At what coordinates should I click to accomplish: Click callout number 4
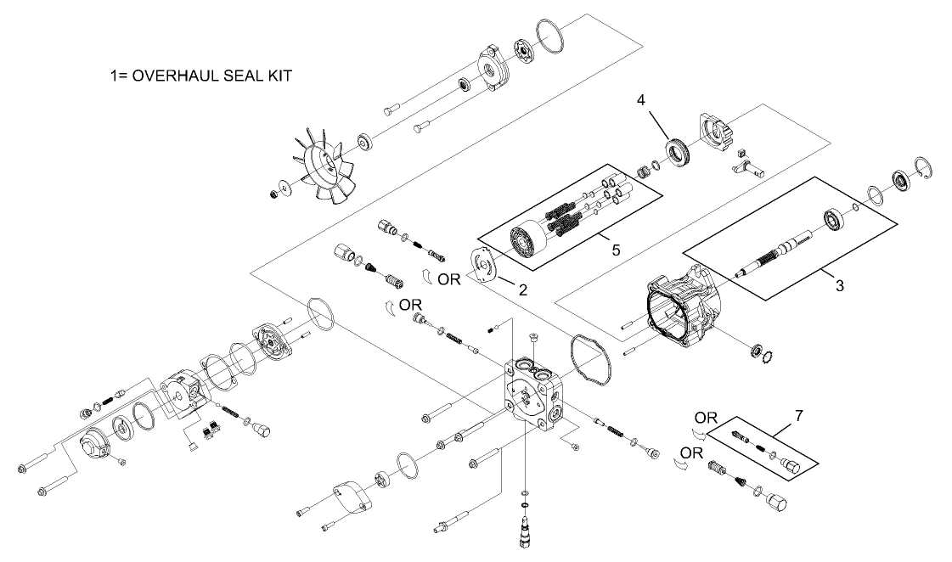click(x=642, y=99)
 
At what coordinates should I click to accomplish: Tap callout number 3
click(x=839, y=285)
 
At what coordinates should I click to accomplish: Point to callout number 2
click(x=523, y=289)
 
